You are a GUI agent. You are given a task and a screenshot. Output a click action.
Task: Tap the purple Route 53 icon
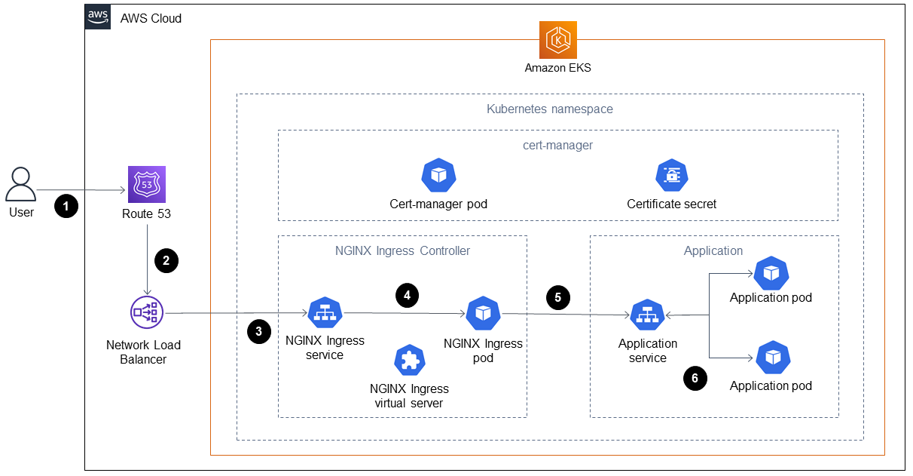[146, 185]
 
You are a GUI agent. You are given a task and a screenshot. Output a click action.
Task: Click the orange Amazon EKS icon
[557, 39]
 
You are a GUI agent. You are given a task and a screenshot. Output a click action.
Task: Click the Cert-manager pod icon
[438, 176]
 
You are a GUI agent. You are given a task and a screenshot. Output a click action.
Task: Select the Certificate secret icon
[671, 176]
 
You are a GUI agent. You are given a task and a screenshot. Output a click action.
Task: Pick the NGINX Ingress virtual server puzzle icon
[409, 361]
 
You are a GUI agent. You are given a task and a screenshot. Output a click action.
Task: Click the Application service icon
[647, 316]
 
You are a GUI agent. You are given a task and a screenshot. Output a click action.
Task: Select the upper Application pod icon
[771, 273]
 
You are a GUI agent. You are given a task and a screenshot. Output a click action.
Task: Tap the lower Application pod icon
[771, 358]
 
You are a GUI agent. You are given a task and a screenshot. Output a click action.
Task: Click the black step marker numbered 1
[66, 206]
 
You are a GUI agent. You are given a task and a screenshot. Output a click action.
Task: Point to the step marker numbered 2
[166, 260]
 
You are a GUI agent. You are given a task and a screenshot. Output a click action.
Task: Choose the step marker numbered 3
[258, 331]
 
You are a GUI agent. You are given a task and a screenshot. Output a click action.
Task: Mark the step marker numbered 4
[407, 296]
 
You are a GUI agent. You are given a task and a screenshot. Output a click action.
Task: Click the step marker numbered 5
[557, 297]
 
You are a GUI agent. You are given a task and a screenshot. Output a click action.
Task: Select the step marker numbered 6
[695, 378]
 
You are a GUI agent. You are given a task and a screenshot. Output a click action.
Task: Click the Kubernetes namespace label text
[549, 109]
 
